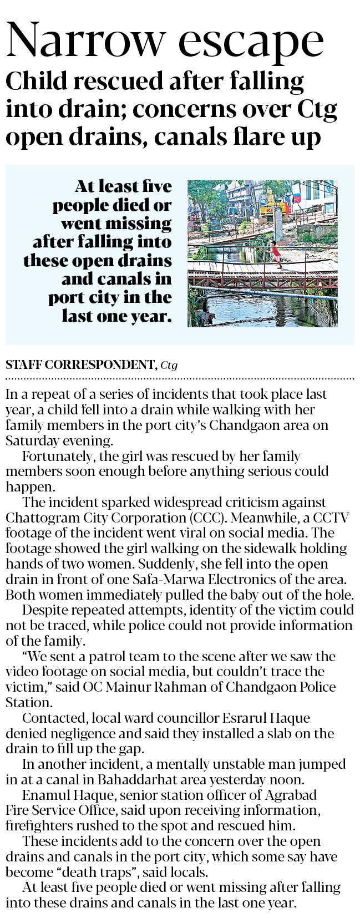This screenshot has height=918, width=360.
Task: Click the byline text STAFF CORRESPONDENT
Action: click(x=81, y=365)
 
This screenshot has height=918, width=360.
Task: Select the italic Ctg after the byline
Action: click(x=169, y=366)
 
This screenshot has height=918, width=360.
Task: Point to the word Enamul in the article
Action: click(x=45, y=795)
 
